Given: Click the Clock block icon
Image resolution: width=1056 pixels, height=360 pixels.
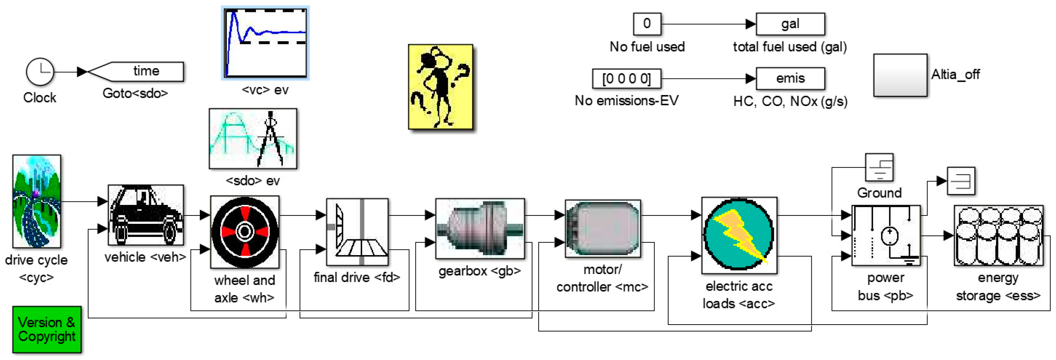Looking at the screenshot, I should click(40, 71).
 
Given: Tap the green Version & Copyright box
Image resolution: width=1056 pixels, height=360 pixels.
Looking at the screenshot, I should click(47, 329).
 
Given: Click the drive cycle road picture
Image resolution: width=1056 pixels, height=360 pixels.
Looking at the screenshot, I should click(36, 201).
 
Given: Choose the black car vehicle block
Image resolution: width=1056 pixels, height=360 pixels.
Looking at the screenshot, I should click(146, 215).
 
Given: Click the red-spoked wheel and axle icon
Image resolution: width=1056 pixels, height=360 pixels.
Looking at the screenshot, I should click(245, 232).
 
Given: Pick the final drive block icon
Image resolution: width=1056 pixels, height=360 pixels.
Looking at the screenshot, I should click(357, 232).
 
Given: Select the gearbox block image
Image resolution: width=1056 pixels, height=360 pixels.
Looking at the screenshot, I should click(480, 228).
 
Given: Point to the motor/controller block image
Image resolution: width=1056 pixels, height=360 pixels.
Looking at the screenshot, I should click(603, 228).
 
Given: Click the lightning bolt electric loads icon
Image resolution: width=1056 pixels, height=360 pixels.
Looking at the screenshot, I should click(739, 235).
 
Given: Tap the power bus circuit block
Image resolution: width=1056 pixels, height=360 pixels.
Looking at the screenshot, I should click(885, 235).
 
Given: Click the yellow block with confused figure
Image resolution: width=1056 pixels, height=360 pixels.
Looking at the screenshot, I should click(440, 87).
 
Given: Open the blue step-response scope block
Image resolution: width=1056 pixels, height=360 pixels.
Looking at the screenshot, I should click(265, 43).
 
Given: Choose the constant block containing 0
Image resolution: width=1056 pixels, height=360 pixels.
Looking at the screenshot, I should click(647, 24).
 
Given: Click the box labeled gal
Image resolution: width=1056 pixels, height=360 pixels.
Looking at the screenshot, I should click(790, 24).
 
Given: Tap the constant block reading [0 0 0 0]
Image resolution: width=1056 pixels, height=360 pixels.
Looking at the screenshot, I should click(626, 78).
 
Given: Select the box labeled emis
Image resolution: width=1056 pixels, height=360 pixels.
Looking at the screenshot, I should click(790, 78).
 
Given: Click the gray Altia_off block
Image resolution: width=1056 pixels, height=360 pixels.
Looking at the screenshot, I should click(900, 75).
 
